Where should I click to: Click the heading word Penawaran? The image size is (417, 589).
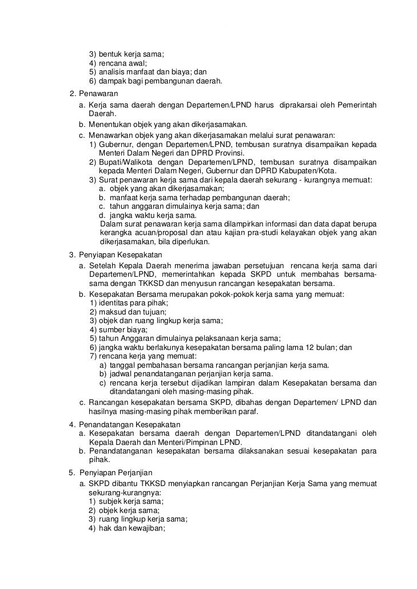[98, 93]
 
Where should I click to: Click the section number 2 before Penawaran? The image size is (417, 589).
[72, 93]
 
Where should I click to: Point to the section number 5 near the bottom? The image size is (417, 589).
[72, 472]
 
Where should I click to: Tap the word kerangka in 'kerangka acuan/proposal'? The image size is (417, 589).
[114, 233]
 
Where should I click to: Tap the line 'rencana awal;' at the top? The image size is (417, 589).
[122, 63]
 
